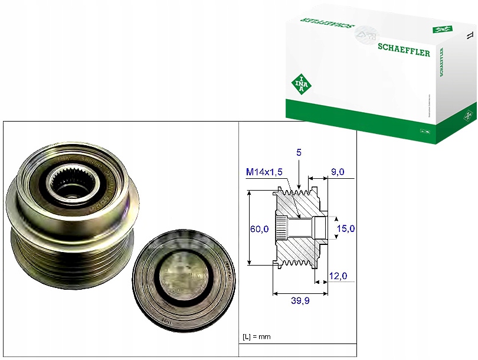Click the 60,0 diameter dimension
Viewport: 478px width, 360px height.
(259, 228)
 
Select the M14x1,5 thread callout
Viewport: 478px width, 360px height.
(264, 172)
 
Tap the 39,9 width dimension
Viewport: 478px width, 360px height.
(300, 302)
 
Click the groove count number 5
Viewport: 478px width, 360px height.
(299, 152)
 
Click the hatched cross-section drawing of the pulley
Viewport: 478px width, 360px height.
(298, 228)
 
